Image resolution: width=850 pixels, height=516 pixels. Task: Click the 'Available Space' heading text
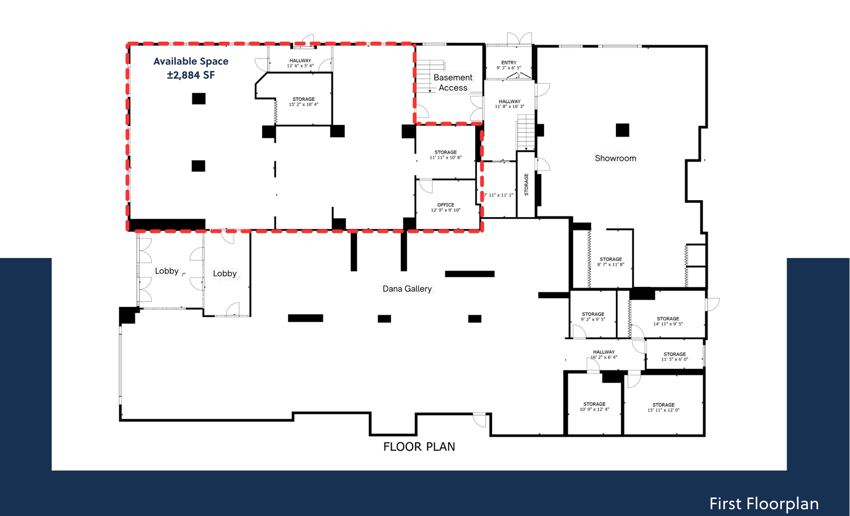point(191,62)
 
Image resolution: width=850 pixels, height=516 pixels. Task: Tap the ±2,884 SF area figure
point(191,75)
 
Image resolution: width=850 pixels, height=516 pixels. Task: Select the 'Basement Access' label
point(453,82)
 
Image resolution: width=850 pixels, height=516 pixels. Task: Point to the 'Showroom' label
point(615,158)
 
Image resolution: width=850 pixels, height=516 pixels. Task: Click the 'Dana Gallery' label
point(407,289)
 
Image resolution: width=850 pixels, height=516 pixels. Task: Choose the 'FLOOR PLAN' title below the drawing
point(419,447)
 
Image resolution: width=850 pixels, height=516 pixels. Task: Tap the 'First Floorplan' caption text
point(764,504)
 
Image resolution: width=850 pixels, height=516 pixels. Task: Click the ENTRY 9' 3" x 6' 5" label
point(509,65)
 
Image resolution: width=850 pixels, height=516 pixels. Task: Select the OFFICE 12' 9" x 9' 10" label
point(445,207)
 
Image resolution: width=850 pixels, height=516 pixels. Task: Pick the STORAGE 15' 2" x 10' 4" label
point(303,102)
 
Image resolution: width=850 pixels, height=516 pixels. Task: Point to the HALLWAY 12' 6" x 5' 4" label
point(300,63)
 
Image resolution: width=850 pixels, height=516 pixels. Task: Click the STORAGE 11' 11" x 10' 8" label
point(445,155)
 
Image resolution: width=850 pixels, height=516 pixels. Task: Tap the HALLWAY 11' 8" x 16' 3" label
point(510,104)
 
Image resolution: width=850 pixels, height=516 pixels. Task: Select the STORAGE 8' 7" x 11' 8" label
point(611,262)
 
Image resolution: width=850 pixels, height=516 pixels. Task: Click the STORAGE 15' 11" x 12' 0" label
point(663,407)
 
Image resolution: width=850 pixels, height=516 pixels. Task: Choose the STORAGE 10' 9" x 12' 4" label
point(594,407)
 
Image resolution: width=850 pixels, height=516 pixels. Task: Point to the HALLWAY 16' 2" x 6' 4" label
point(603,354)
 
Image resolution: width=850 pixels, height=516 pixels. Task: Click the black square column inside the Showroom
point(622,130)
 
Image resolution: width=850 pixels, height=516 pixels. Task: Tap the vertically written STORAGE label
point(526,184)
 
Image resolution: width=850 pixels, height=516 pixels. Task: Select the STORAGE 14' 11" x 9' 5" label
point(668,321)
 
